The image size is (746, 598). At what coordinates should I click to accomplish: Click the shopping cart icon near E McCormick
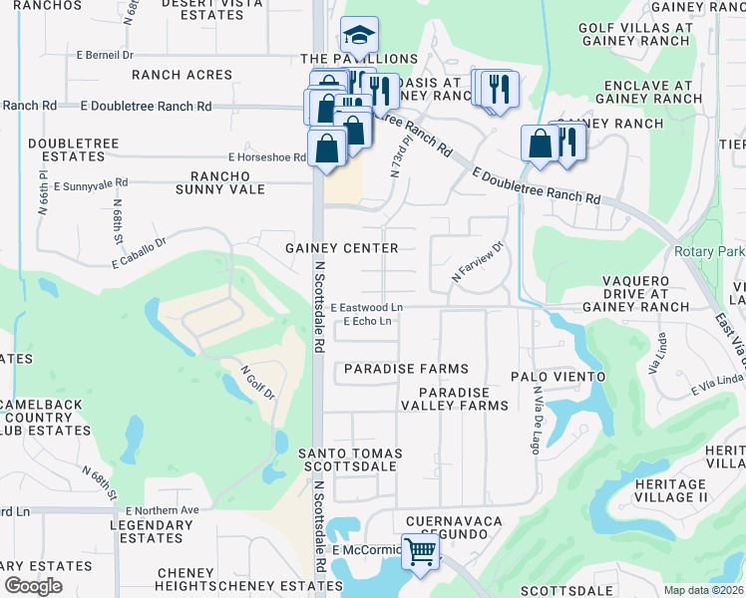coord(421,550)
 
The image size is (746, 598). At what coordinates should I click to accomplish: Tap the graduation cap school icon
coord(356,35)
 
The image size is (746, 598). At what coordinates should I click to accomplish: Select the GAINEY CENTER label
coord(342,248)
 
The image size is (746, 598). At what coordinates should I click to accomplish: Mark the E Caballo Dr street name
coord(139,253)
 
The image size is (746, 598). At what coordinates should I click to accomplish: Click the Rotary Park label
coord(709,252)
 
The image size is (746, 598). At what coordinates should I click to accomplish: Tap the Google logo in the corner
coord(34,585)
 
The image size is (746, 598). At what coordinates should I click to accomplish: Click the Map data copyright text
coord(704,590)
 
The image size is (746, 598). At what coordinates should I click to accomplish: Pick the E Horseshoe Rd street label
coord(266,157)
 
